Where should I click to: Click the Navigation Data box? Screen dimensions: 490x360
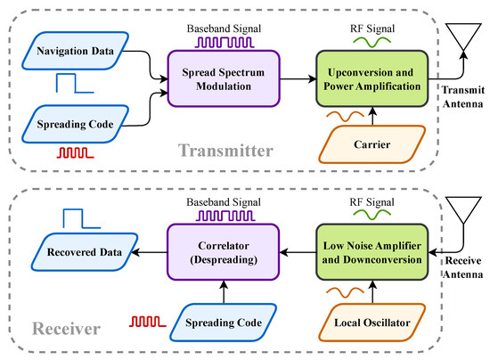[x=76, y=51]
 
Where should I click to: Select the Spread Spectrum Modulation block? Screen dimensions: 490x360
[x=224, y=78]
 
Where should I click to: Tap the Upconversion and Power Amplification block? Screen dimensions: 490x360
[x=372, y=78]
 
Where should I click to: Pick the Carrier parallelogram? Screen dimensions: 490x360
[x=372, y=144]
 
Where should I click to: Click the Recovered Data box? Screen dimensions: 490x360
[x=85, y=252]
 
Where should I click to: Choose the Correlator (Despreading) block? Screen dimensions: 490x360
[x=223, y=252]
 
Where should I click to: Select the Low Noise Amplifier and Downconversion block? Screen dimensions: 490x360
[x=372, y=252]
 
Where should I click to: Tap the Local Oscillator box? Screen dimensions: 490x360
[x=372, y=323]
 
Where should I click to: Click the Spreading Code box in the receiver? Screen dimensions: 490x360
[x=224, y=323]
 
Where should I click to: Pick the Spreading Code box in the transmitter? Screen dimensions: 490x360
[x=76, y=124]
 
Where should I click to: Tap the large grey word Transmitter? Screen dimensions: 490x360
[x=225, y=151]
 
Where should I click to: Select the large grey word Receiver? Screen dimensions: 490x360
[x=66, y=329]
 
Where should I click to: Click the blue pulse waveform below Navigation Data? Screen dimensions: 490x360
[x=75, y=83]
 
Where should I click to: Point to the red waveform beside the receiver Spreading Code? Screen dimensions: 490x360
[x=148, y=322]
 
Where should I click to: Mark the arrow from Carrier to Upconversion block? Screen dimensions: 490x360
[x=372, y=116]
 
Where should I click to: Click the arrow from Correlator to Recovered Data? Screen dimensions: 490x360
[x=150, y=252]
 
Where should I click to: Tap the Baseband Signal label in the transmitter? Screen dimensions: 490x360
[x=224, y=29]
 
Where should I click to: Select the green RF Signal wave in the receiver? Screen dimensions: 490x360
[x=372, y=215]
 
